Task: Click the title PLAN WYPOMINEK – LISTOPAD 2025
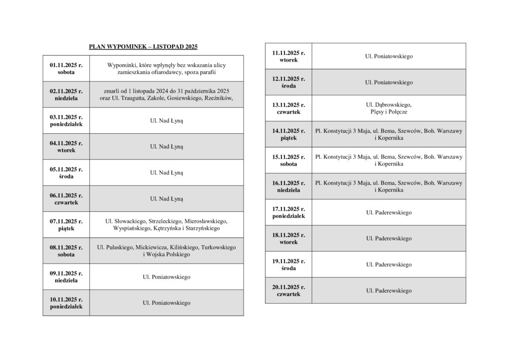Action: pyautogui.click(x=143, y=47)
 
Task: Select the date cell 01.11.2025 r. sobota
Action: pyautogui.click(x=66, y=69)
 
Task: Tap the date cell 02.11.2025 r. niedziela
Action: pyautogui.click(x=66, y=94)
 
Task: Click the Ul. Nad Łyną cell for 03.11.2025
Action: pyautogui.click(x=167, y=121)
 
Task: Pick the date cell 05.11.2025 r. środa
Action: pyautogui.click(x=66, y=173)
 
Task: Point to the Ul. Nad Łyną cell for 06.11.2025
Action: pyautogui.click(x=167, y=199)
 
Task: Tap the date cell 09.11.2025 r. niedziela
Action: pyautogui.click(x=66, y=276)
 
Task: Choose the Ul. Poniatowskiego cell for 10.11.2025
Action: pyautogui.click(x=167, y=303)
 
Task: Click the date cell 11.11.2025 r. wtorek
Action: pyautogui.click(x=288, y=56)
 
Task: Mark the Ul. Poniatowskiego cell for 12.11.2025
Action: pyautogui.click(x=389, y=82)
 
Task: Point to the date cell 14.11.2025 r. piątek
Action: pyautogui.click(x=288, y=134)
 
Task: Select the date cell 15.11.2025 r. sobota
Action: pyautogui.click(x=288, y=160)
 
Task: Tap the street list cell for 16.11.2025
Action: pyautogui.click(x=389, y=186)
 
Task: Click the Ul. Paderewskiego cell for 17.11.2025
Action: pyautogui.click(x=389, y=212)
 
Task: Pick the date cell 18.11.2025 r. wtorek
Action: pyautogui.click(x=288, y=238)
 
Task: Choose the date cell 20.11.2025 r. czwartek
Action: pyautogui.click(x=288, y=290)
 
